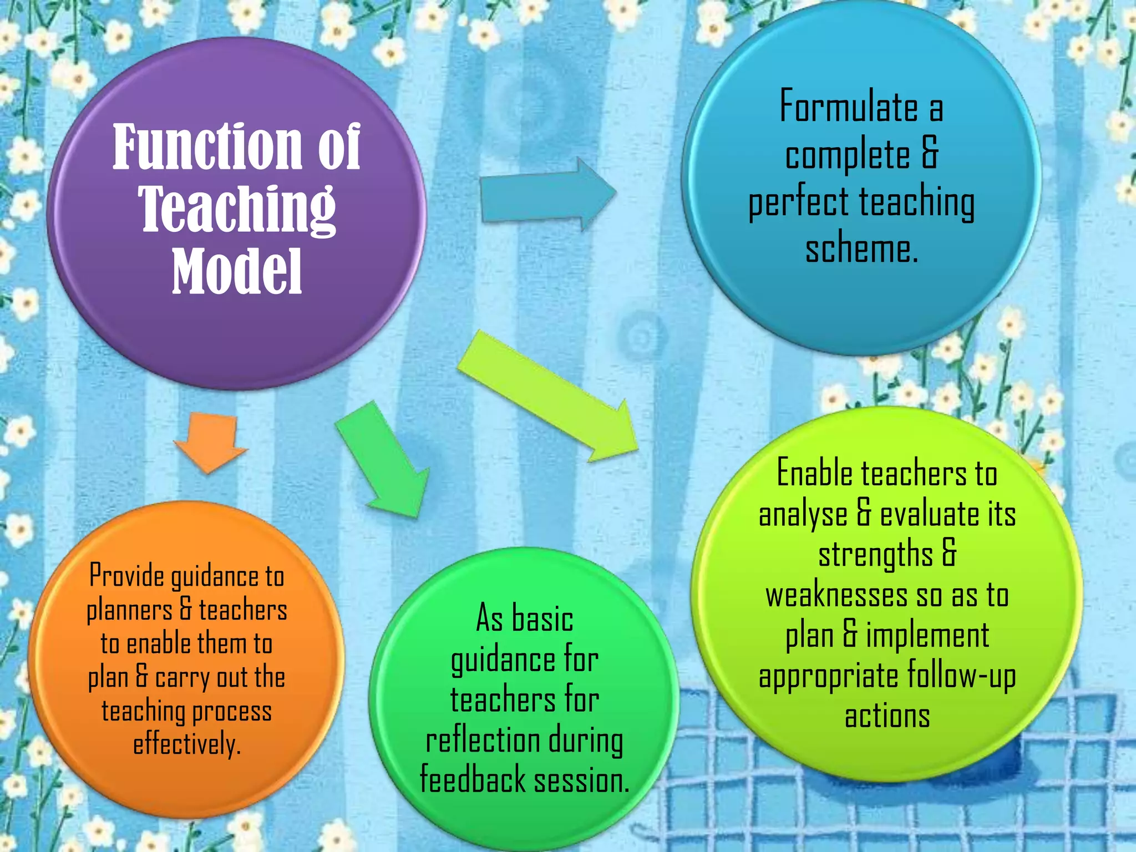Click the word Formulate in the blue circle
tap(849, 106)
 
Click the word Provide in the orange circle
tap(127, 576)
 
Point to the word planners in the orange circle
tap(129, 610)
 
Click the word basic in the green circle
tap(542, 618)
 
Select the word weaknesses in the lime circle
tap(836, 596)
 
